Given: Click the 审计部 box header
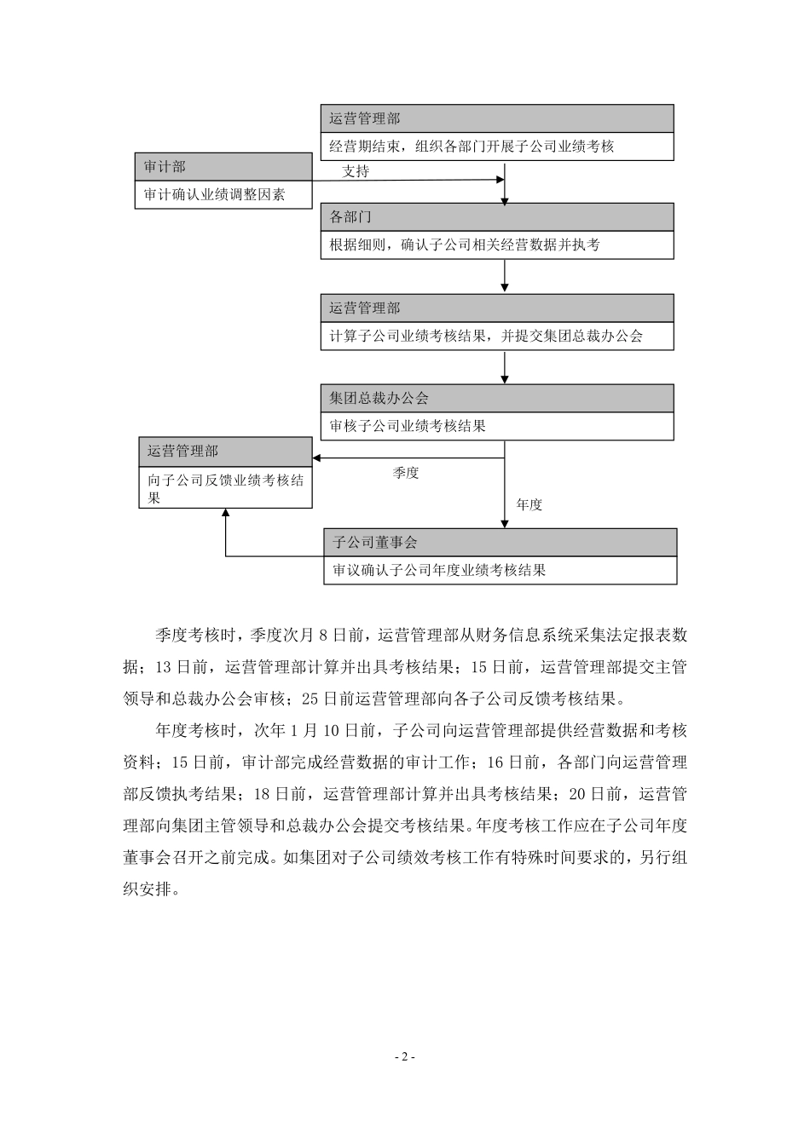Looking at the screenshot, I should (x=165, y=167).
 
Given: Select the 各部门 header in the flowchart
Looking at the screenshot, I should (x=350, y=216).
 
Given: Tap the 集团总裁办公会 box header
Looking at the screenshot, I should (x=379, y=398).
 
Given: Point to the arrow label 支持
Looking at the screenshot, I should (x=356, y=171).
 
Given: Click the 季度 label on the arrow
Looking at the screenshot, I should (x=406, y=473).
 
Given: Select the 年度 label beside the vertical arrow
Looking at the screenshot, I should (x=529, y=504).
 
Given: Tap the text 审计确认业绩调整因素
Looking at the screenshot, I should (x=214, y=195).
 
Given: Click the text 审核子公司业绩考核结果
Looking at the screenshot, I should (x=408, y=426).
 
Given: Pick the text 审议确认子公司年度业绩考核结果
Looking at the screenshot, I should (x=437, y=571).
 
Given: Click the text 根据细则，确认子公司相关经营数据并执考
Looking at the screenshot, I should (x=465, y=245).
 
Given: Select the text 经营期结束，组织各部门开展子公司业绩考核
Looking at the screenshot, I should (x=472, y=147).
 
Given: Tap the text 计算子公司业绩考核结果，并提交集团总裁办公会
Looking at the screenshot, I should (x=486, y=336).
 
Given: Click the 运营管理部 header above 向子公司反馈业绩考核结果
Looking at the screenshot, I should (x=182, y=452).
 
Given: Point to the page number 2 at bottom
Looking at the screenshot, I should (x=405, y=1057).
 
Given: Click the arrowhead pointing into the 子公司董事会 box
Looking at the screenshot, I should (x=505, y=523).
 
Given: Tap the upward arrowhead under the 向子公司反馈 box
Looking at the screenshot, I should (x=226, y=514).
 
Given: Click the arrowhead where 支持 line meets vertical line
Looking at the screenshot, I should (x=500, y=180).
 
